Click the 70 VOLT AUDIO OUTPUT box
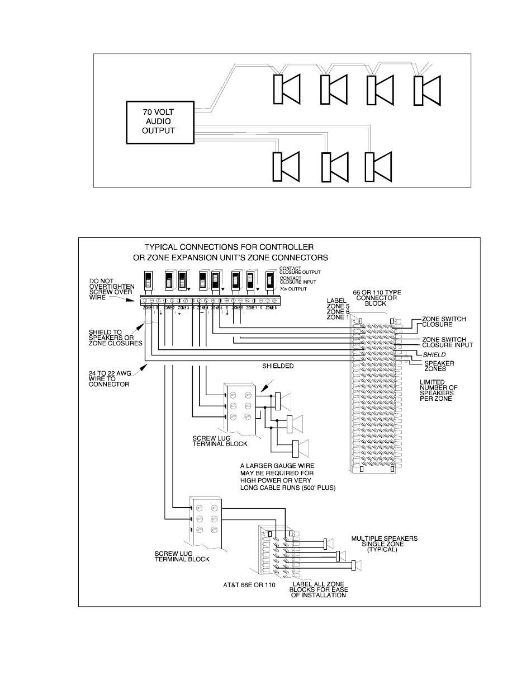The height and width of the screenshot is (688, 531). (x=159, y=121)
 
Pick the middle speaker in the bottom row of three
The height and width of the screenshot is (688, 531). (x=334, y=166)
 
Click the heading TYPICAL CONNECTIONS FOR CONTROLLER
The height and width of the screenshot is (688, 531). (x=229, y=247)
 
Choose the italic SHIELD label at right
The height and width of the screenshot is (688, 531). (x=434, y=354)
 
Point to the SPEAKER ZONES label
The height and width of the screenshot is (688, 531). (x=438, y=367)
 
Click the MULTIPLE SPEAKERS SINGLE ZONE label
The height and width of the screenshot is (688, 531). (x=385, y=544)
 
